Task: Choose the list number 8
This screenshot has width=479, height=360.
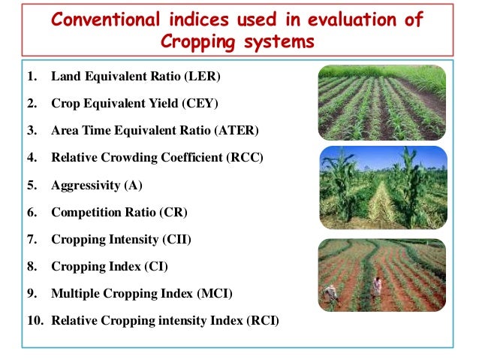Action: pos(32,267)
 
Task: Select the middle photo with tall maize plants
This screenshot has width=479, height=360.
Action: pos(382,187)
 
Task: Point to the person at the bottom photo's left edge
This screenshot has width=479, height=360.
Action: pos(330,295)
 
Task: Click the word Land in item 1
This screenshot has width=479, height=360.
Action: pos(65,77)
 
